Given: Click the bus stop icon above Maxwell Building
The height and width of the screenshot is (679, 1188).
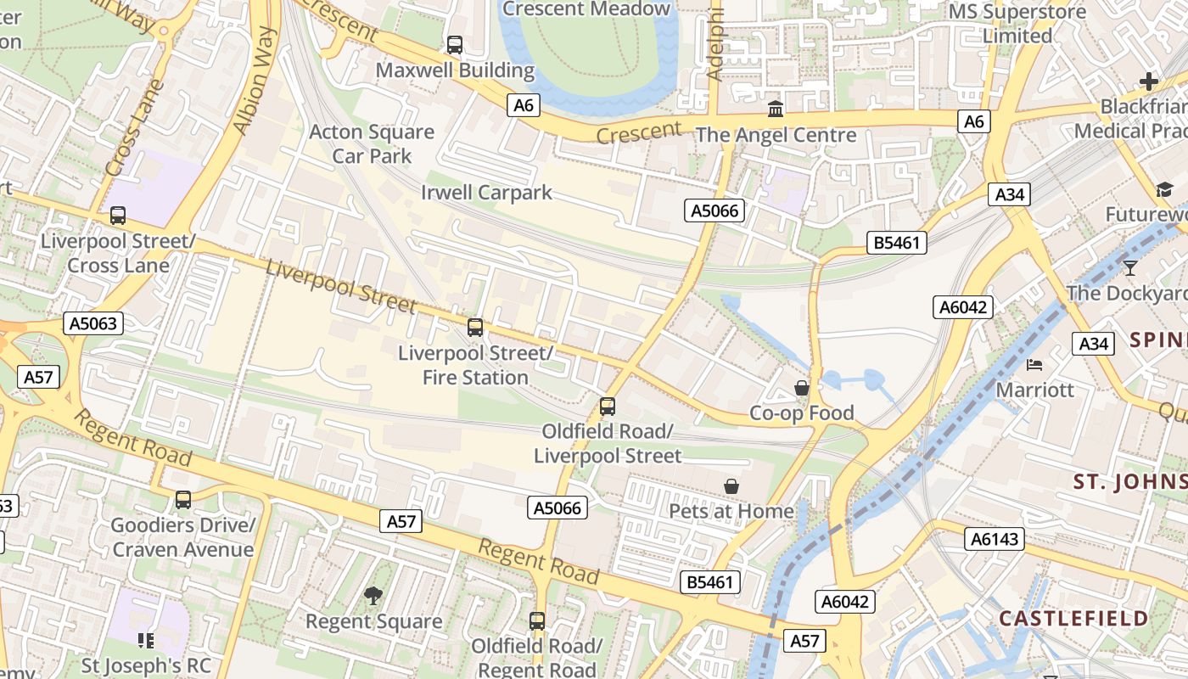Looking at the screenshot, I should pos(455,45).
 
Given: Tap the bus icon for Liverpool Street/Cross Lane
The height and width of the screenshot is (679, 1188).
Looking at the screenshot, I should pos(118,216).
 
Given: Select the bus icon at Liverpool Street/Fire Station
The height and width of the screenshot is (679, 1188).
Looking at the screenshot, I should pos(475,327).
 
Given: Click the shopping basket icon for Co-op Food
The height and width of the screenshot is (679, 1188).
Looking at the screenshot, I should pos(801,389).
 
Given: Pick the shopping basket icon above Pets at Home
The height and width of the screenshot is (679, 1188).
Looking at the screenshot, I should pos(731,486).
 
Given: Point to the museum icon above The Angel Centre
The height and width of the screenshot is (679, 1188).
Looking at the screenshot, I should pos(775,109).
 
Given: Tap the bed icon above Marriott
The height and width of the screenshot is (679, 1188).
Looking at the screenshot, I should pos(1034,365).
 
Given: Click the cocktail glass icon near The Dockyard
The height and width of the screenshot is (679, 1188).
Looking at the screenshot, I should pos(1129,268).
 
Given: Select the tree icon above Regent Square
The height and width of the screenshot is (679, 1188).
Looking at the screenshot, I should pos(373,596).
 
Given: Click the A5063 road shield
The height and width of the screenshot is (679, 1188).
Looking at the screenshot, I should pos(93,323).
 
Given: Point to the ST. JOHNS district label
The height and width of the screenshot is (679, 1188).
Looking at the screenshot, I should pos(1129,482).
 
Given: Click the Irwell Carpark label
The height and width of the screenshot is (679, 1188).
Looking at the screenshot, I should pos(486,193).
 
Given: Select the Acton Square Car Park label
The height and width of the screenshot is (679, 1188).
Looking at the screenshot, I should pos(372,143).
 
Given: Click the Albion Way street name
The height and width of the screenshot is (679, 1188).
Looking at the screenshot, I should pos(255,81).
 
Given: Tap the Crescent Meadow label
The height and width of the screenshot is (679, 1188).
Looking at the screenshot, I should pos(586,9).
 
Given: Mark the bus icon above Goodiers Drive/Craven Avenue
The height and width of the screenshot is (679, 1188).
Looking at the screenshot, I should pos(183,500).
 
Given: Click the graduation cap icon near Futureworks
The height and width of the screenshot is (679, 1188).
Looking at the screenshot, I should pos(1163,189).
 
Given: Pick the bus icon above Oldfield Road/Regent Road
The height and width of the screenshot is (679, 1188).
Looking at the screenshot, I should pos(537,620).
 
